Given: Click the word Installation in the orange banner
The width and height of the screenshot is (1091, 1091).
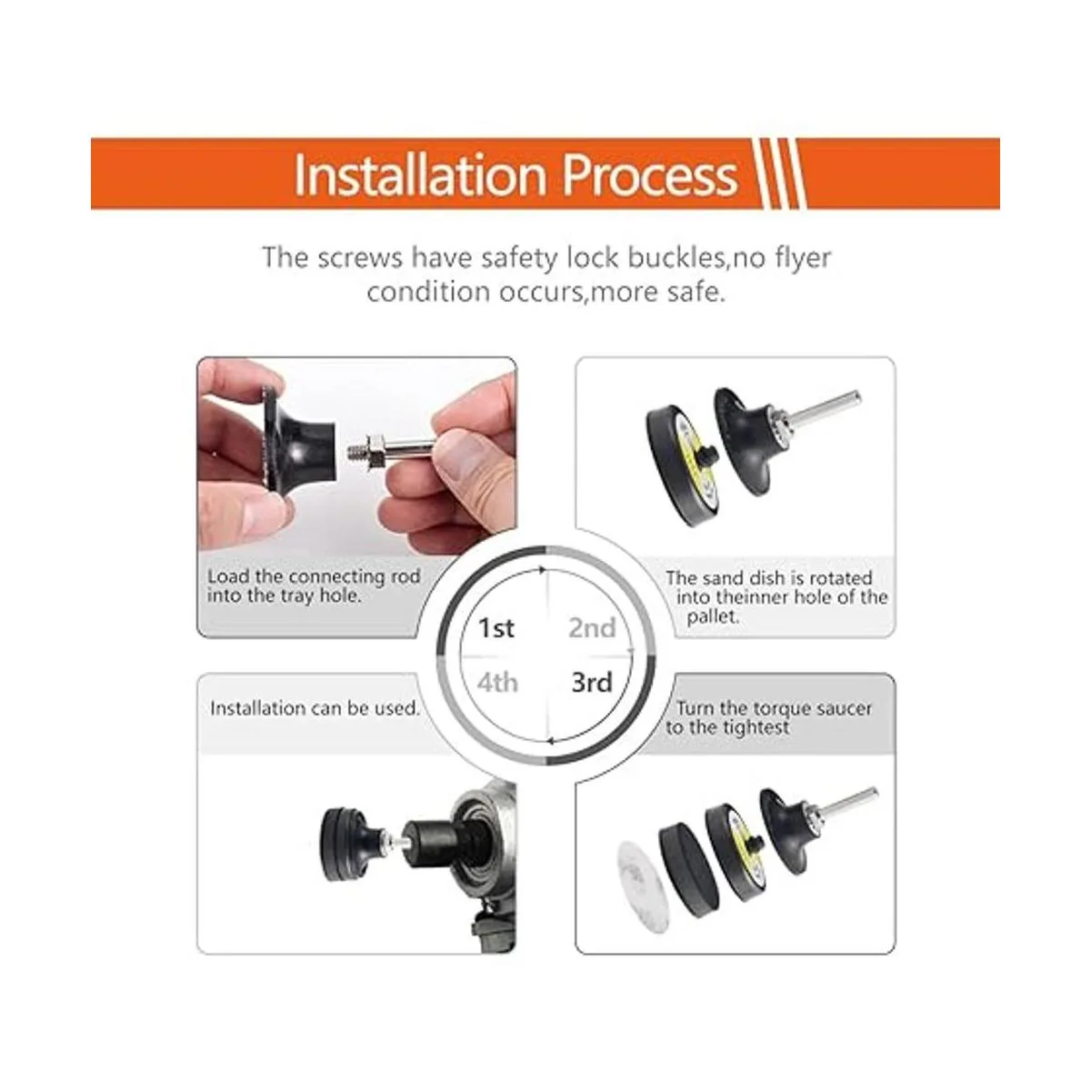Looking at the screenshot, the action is pos(419,175).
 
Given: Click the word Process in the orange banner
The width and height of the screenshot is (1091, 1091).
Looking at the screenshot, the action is pos(650,176).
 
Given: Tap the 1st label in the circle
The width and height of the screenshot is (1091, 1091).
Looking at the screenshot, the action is pos(496,628).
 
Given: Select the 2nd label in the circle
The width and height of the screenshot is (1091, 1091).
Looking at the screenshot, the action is pos(592,628).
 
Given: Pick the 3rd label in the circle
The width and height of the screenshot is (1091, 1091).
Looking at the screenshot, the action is pos(592,682).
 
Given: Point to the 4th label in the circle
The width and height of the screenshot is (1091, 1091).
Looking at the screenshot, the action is pos(497,682).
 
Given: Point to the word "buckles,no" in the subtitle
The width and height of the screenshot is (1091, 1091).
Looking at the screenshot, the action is pos(676,257).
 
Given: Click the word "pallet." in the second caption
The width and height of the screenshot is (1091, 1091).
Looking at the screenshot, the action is pos(713,616).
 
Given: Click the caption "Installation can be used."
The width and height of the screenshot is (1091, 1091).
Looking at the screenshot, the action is pos(315,707).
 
